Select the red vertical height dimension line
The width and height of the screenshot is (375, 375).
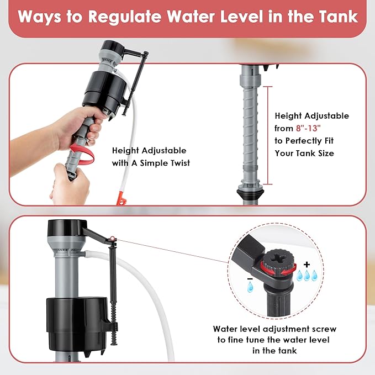268,135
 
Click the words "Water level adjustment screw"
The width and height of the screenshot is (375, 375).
274,329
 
